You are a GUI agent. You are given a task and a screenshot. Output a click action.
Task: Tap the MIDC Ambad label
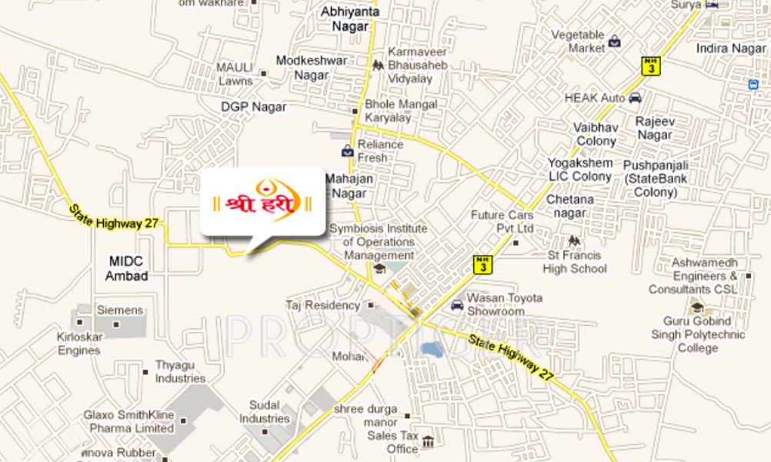pos(128,269)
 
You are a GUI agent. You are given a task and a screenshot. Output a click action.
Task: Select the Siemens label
pos(119,310)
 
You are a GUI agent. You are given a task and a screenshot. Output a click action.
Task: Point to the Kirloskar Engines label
pos(78,343)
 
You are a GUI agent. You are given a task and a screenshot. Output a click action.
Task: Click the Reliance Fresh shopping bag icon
pos(347,150)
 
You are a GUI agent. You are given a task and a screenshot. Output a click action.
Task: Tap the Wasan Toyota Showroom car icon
pos(457,304)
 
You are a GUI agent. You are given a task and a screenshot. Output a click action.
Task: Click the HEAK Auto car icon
pos(635,98)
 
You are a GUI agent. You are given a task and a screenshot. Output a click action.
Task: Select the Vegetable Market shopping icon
pos(614,42)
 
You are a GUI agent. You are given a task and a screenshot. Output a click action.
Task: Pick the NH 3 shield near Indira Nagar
pos(651,65)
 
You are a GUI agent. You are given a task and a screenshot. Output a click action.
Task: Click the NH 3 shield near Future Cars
pos(482,265)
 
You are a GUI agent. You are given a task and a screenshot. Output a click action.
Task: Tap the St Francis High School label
pos(575,262)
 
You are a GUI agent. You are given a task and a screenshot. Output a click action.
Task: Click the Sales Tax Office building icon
pos(428,442)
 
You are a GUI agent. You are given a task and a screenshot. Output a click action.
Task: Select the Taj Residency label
pos(322,305)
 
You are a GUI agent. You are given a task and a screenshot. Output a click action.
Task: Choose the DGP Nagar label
pos(253,106)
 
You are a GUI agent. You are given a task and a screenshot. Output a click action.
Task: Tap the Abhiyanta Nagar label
pos(345,19)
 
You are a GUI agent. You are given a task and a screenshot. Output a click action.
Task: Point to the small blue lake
pos(432,350)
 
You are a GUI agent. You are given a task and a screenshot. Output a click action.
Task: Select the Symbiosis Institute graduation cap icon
pos(379,268)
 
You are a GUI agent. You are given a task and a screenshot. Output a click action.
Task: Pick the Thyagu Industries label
pos(180,371)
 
